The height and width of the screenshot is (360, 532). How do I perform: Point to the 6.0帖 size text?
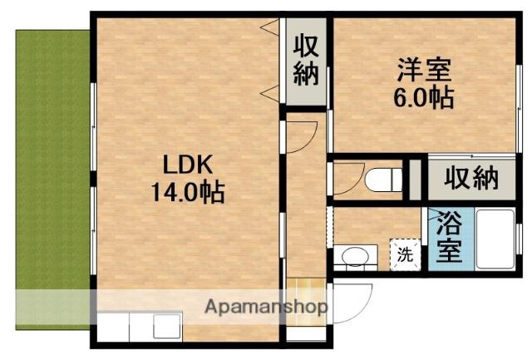click(x=423, y=98)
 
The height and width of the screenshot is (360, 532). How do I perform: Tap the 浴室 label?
click(x=449, y=238)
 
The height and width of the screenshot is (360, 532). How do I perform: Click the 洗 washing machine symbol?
click(x=404, y=254)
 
